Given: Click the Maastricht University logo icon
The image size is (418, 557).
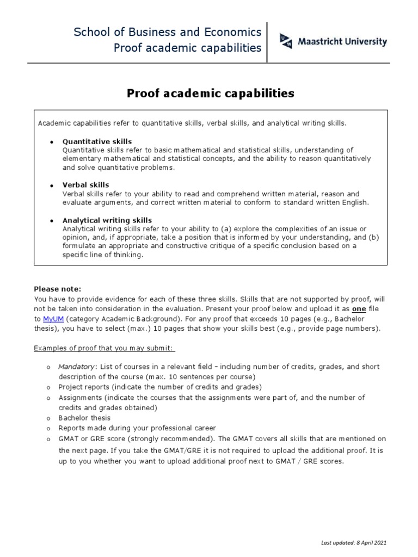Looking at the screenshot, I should (286, 41).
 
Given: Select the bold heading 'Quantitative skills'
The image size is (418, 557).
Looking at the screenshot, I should (97, 141).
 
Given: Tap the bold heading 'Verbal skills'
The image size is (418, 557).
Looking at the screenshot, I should (85, 185).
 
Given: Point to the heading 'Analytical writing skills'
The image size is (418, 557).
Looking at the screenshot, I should (107, 220).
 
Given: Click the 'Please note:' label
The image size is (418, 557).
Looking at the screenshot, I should (57, 289).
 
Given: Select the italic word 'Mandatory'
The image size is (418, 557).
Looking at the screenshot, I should (76, 367).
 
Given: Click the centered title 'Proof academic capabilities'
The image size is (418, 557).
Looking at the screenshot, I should (210, 94).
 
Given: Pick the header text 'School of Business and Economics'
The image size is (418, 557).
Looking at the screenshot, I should (168, 32).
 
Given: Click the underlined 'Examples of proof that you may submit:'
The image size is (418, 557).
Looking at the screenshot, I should (104, 348).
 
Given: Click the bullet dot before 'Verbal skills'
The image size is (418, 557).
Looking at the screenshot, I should (51, 185).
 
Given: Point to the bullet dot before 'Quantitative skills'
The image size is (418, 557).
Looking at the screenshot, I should (51, 142).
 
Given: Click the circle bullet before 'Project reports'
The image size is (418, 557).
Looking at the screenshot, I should (48, 387).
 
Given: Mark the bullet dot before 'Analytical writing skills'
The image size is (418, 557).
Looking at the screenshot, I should (51, 221).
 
